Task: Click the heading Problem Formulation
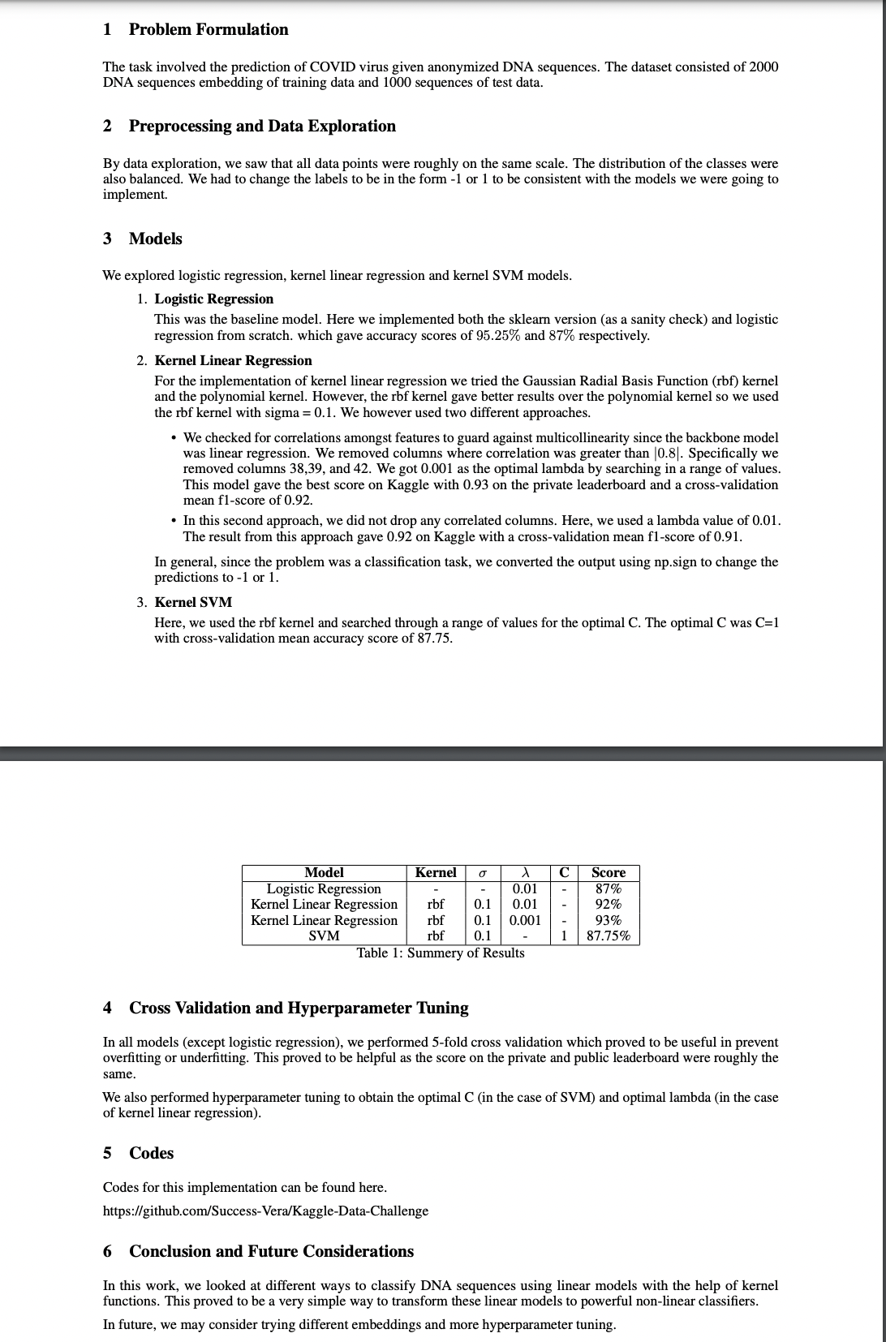(209, 30)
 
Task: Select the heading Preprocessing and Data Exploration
(262, 127)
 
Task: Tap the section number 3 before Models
(107, 239)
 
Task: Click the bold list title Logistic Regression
(214, 299)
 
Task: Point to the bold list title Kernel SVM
(193, 603)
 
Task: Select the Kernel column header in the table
(436, 873)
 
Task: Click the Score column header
(609, 873)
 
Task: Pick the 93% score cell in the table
(609, 921)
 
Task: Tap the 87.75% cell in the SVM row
(609, 936)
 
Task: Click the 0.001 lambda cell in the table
(525, 921)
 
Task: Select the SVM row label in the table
(324, 936)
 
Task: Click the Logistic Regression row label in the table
(324, 889)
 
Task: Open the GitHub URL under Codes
(265, 1211)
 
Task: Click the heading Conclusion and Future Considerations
(271, 1252)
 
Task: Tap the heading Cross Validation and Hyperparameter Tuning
(299, 1009)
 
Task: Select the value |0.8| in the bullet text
(667, 454)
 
